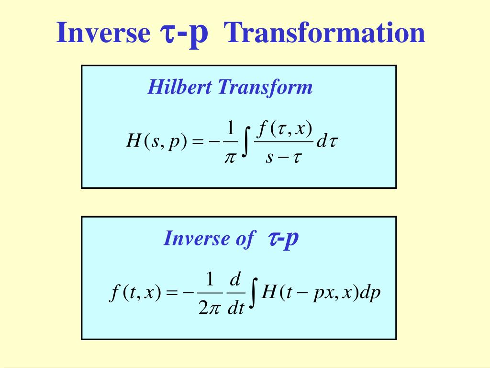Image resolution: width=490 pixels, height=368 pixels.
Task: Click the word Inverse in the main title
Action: coord(103,33)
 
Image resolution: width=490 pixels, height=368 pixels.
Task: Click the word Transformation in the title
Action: coord(325,33)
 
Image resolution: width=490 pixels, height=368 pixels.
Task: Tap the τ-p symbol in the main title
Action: coord(184,34)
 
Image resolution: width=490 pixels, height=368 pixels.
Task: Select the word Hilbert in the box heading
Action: coord(180,87)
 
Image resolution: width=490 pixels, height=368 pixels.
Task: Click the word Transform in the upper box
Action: coord(265,87)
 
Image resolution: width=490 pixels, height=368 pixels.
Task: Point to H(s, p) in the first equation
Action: coord(157,141)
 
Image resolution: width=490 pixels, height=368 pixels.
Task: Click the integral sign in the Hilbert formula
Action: coord(246,141)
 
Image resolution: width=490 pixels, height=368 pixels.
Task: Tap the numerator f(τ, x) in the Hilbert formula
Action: coord(284,129)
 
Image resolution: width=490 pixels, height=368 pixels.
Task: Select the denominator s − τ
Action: coord(284,157)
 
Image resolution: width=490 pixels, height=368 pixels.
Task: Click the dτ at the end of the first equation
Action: coord(327,141)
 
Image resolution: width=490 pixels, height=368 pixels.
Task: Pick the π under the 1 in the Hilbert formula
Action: coord(230,157)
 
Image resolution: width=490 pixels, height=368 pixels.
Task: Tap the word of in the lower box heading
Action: coord(245,239)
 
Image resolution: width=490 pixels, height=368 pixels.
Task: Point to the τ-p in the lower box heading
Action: coord(283,239)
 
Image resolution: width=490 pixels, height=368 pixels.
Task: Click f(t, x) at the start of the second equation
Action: coord(135,293)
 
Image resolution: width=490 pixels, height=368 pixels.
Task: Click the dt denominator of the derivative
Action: coord(235,308)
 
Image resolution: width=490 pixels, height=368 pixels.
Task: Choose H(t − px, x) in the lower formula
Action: coord(310,293)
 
